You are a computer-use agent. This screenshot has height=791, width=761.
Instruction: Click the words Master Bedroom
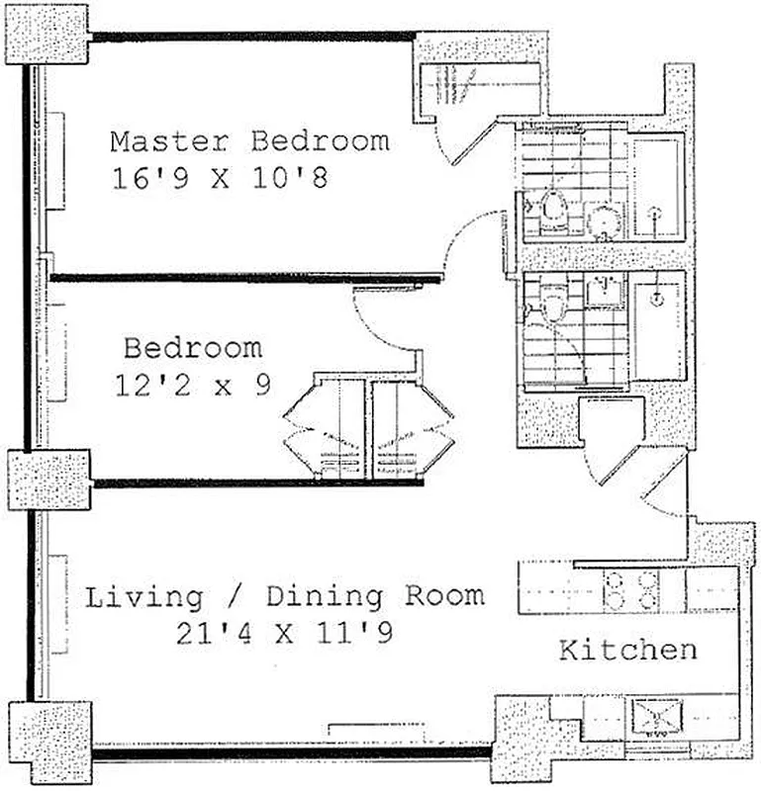pyautogui.click(x=248, y=140)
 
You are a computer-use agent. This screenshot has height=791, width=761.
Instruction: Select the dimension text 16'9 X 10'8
pyautogui.click(x=219, y=179)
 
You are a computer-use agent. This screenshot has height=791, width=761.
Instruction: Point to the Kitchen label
pyautogui.click(x=627, y=651)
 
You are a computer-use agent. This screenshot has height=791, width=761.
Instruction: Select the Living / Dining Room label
pyautogui.click(x=285, y=597)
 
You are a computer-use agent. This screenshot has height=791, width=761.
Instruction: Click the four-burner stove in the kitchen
pyautogui.click(x=630, y=591)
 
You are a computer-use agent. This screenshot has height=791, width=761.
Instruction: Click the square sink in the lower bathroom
pyautogui.click(x=602, y=292)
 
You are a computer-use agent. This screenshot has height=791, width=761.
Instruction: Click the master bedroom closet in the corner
pyautogui.click(x=479, y=90)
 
